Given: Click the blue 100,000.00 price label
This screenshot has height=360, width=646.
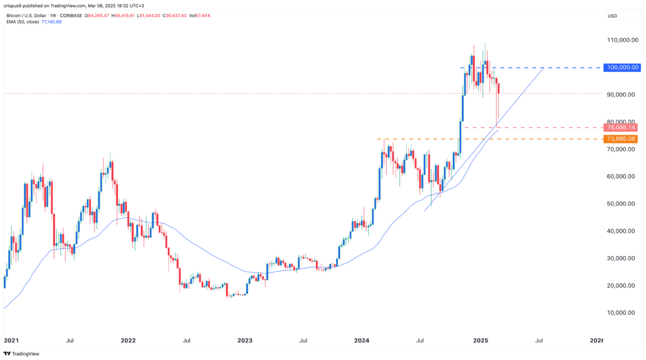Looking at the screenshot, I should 621,67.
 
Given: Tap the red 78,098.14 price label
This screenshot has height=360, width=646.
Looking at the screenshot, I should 621,127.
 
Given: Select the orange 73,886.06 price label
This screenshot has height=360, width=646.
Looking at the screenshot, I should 621,139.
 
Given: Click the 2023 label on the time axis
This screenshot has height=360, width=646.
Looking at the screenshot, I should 245,340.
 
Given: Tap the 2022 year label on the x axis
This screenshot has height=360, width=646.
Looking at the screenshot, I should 128,340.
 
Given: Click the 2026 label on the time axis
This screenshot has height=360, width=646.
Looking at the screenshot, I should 596,340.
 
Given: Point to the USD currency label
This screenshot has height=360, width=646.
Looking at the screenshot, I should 611,15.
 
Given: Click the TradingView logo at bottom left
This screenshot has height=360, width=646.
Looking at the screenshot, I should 21,354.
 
